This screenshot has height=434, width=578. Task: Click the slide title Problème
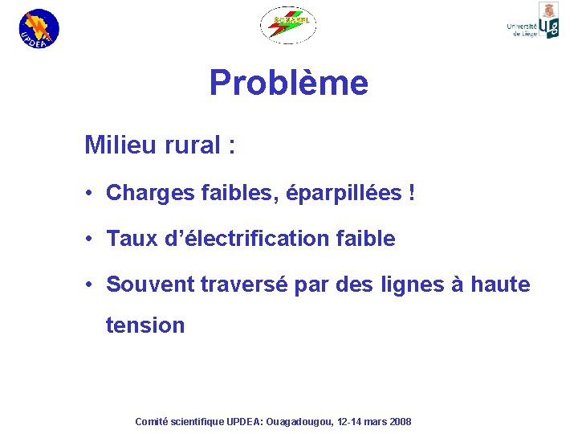pyautogui.click(x=288, y=83)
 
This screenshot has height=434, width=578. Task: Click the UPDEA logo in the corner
pyautogui.click(x=39, y=28)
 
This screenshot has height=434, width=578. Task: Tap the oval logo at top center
pyautogui.click(x=288, y=25)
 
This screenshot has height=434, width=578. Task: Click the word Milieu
pyautogui.click(x=118, y=145)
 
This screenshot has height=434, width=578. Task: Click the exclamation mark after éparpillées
pyautogui.click(x=412, y=193)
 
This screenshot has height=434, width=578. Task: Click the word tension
pyautogui.click(x=145, y=325)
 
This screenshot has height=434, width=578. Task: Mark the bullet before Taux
pyautogui.click(x=92, y=240)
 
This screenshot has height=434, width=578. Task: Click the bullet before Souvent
pyautogui.click(x=92, y=285)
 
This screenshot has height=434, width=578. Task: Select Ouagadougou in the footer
pyautogui.click(x=299, y=422)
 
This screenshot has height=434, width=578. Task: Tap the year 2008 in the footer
pyautogui.click(x=398, y=422)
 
